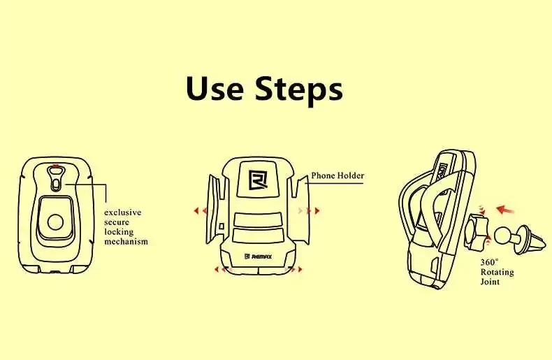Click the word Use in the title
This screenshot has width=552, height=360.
coord(215,88)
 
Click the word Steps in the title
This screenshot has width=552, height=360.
coord(299,90)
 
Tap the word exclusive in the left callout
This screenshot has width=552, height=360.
coord(122,213)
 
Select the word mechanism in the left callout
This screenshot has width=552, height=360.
coord(126,242)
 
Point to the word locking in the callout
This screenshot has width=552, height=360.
coord(119,232)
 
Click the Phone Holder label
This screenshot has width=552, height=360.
coord(337,175)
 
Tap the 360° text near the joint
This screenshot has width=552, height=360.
coord(489,262)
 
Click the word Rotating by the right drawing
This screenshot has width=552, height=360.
coord(497,272)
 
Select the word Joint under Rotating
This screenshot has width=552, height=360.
coord(490,282)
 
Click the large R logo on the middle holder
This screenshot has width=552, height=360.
coord(258,180)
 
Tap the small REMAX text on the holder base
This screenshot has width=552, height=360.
coord(259,257)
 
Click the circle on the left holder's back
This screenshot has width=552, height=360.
coord(56,222)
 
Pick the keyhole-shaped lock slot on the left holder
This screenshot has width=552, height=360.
coord(56,178)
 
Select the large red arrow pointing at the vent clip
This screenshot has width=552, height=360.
coord(505,210)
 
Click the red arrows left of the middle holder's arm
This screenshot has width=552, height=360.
coord(201,211)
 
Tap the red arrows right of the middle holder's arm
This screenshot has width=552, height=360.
coord(309,211)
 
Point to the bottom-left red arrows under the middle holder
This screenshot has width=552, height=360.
coord(221,269)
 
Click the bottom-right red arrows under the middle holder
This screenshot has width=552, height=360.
coord(296,269)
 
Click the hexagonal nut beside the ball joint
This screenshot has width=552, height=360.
coord(477,233)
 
